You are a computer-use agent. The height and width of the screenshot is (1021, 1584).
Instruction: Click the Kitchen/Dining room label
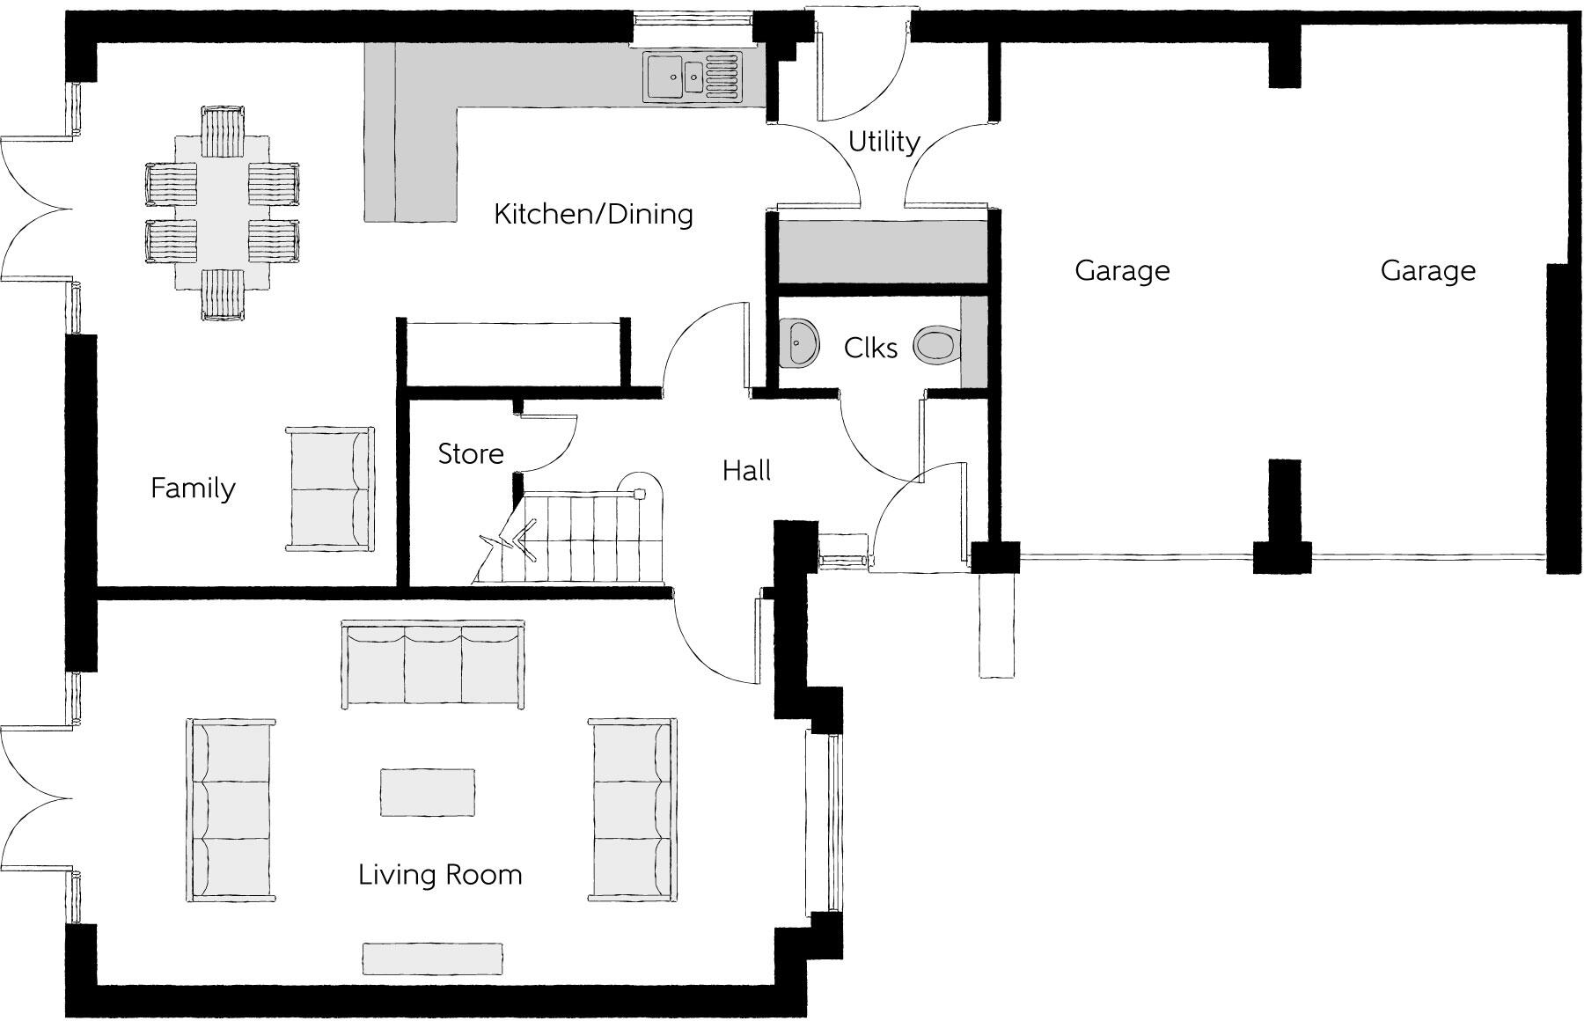pyautogui.click(x=593, y=214)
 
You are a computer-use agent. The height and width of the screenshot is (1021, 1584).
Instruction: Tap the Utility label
pyautogui.click(x=884, y=142)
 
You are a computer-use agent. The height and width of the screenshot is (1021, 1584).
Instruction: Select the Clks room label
pyautogui.click(x=870, y=348)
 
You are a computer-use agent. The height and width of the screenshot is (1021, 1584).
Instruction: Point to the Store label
pyautogui.click(x=471, y=454)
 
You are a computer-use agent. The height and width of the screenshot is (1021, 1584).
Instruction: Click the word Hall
pyautogui.click(x=746, y=471)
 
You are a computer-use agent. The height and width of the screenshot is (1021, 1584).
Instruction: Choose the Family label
pyautogui.click(x=193, y=488)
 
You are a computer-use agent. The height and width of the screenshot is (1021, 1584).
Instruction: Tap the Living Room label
pyautogui.click(x=440, y=875)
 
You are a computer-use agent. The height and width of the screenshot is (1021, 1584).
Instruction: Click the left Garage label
pyautogui.click(x=1122, y=270)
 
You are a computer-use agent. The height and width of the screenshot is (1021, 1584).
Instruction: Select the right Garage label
pyautogui.click(x=1427, y=270)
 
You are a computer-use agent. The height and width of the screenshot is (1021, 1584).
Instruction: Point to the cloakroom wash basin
pyautogui.click(x=799, y=342)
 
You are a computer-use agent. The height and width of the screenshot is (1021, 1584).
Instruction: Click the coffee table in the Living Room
pyautogui.click(x=428, y=792)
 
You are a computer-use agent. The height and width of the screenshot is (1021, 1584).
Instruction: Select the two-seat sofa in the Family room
pyautogui.click(x=329, y=489)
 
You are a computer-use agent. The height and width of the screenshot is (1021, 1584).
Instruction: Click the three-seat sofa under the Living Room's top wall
pyautogui.click(x=433, y=664)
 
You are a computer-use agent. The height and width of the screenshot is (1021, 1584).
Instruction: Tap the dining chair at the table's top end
pyautogui.click(x=222, y=130)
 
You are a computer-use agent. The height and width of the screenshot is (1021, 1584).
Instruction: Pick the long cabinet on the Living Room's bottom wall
pyautogui.click(x=433, y=959)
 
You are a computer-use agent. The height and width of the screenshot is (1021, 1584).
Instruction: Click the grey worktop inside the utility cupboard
pyautogui.click(x=881, y=252)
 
